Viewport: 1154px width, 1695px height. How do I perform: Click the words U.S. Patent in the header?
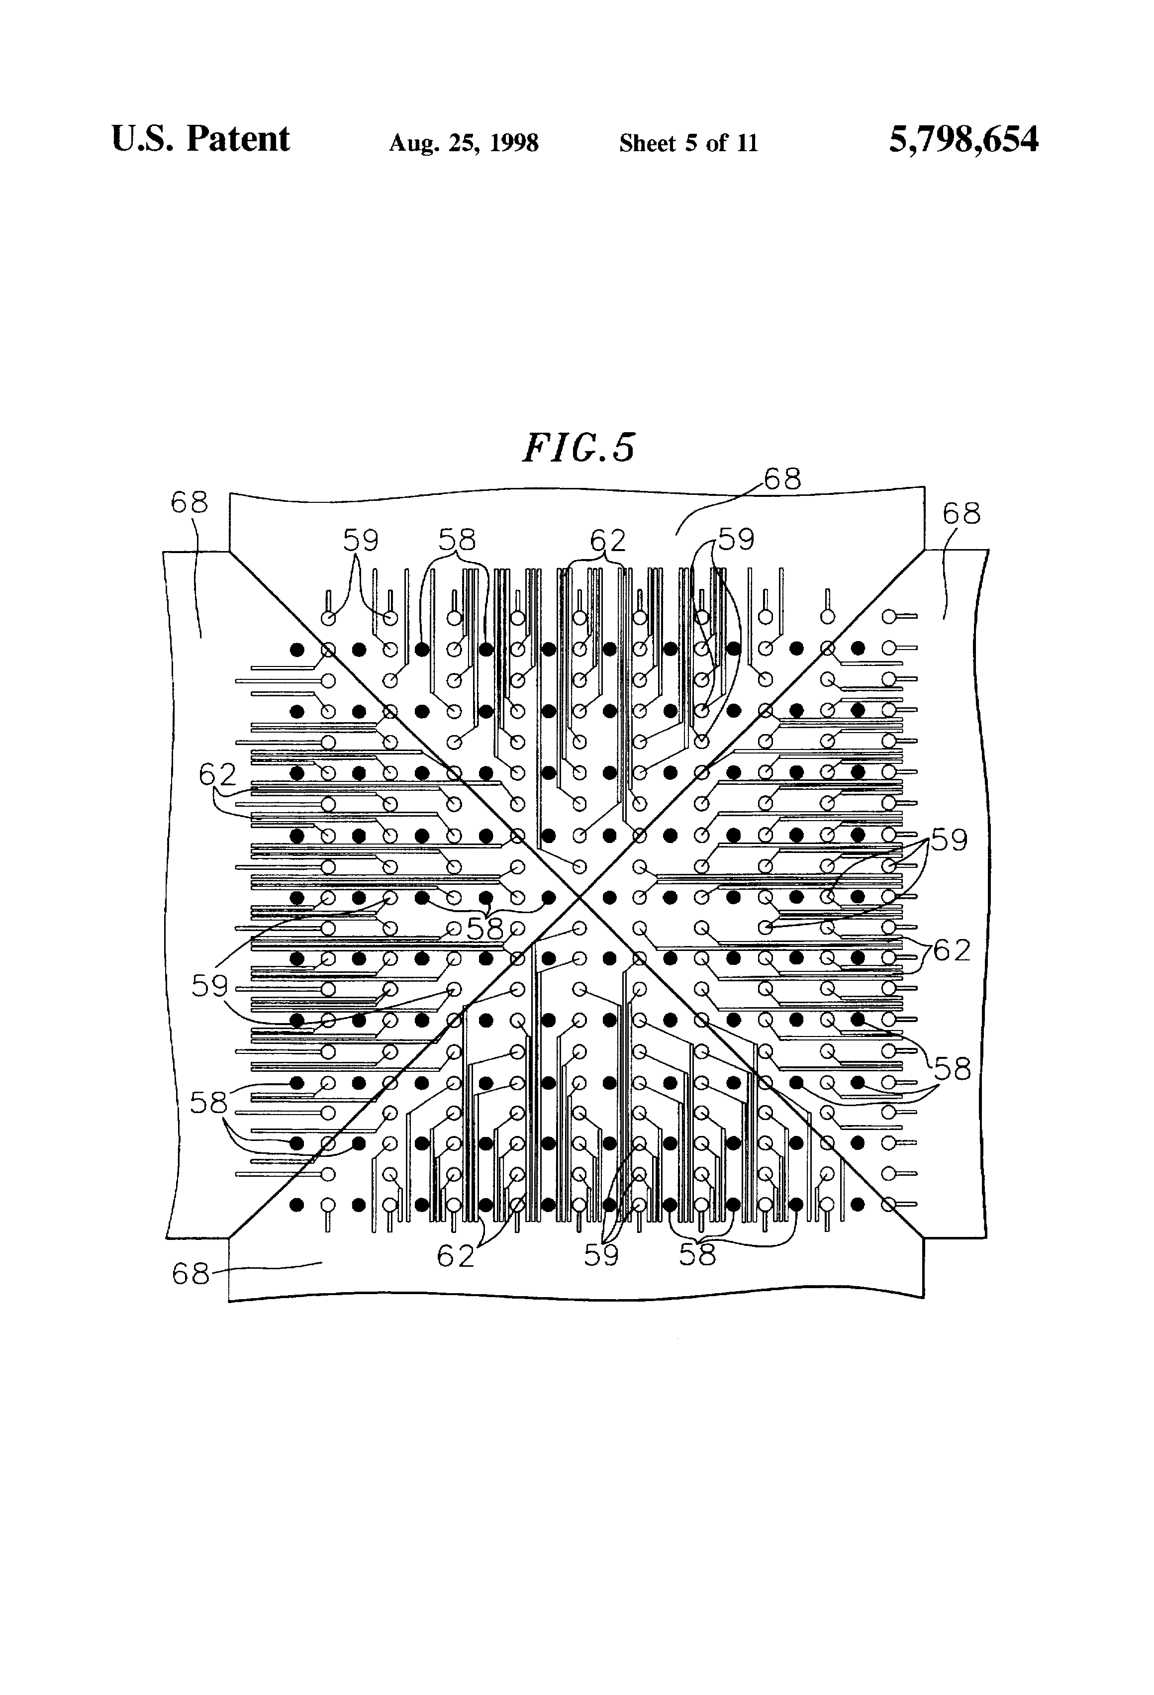click(x=200, y=139)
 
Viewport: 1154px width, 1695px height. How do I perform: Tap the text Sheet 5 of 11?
click(x=688, y=143)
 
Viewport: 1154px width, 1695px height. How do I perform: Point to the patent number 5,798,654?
click(x=963, y=139)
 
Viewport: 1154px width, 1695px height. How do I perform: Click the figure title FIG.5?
click(x=578, y=447)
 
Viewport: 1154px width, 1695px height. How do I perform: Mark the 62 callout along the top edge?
click(x=608, y=541)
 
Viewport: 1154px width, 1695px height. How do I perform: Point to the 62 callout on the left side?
click(x=217, y=774)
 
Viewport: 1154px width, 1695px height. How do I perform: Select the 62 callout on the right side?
click(x=951, y=950)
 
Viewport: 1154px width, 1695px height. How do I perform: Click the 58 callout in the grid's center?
click(x=485, y=929)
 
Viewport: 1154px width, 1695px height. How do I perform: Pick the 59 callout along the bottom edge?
click(x=601, y=1254)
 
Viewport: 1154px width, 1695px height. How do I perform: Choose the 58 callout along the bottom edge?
click(x=697, y=1254)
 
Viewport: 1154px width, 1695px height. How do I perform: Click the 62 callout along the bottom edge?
click(x=455, y=1255)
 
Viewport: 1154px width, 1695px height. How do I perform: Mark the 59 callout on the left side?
click(x=210, y=986)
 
